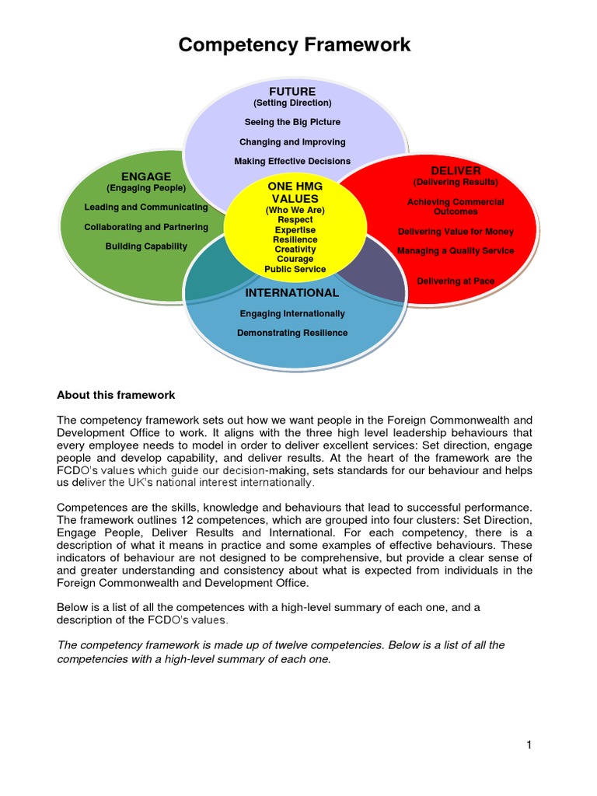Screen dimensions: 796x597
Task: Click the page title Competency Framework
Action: pyautogui.click(x=295, y=45)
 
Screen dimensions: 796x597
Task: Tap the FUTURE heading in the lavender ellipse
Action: pyautogui.click(x=292, y=92)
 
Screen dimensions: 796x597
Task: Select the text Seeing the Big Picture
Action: pyautogui.click(x=292, y=122)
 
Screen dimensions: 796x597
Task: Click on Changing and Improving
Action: pyautogui.click(x=292, y=142)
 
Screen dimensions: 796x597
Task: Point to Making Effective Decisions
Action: pyautogui.click(x=292, y=162)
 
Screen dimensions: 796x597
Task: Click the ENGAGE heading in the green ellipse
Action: pyautogui.click(x=145, y=176)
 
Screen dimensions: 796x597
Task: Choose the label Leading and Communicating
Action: pyautogui.click(x=146, y=208)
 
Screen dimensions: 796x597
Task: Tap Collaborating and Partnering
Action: pyautogui.click(x=146, y=227)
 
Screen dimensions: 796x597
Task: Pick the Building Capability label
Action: pyautogui.click(x=146, y=246)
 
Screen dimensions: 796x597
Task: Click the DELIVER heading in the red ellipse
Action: pyautogui.click(x=456, y=170)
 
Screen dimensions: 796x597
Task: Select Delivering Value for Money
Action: pyautogui.click(x=456, y=232)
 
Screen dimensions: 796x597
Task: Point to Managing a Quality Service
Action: pyautogui.click(x=456, y=251)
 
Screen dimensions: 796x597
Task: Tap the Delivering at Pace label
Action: pyautogui.click(x=456, y=281)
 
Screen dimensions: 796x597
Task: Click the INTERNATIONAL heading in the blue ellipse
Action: pyautogui.click(x=292, y=293)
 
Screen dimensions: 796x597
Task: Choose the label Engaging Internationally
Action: pyautogui.click(x=292, y=314)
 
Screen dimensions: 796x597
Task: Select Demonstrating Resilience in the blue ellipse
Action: pyautogui.click(x=292, y=333)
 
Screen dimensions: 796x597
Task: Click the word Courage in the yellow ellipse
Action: pyautogui.click(x=295, y=260)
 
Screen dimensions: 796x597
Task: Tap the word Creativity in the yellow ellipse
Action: pyautogui.click(x=295, y=250)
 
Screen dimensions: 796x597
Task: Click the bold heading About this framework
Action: pyautogui.click(x=116, y=395)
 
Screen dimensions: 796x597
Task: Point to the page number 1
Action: pyautogui.click(x=529, y=745)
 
